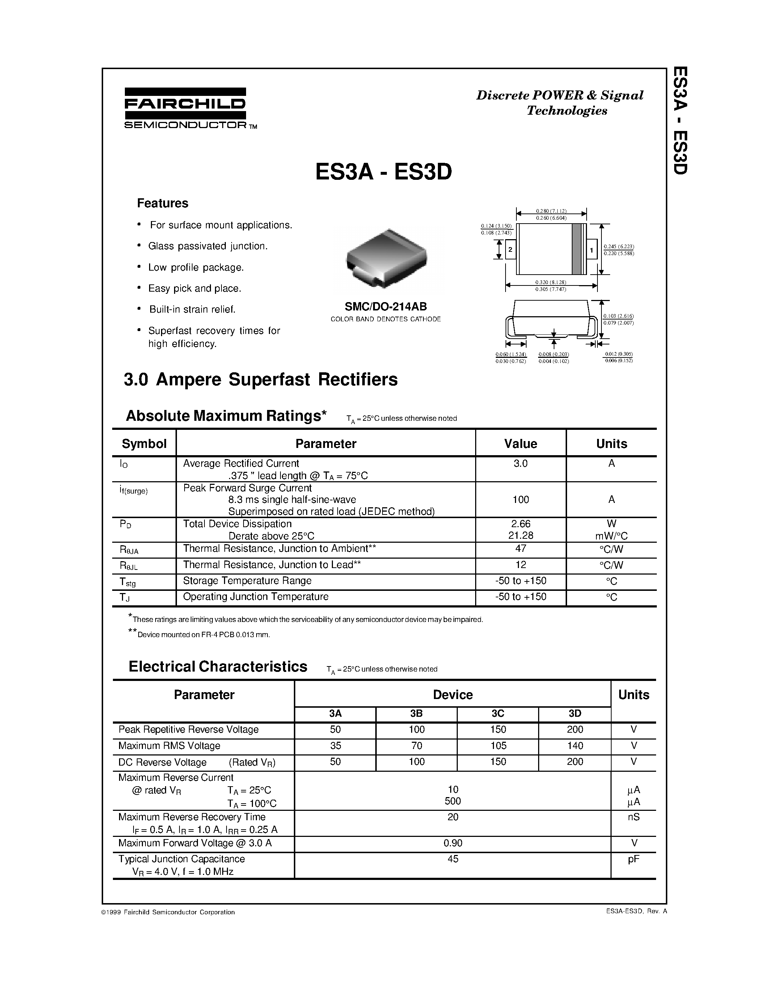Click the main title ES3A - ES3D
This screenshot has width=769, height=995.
click(384, 172)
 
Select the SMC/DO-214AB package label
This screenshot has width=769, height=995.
click(385, 306)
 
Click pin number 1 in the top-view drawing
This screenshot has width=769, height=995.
click(591, 250)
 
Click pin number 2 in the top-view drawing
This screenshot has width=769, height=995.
click(510, 250)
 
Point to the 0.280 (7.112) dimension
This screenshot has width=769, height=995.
click(551, 211)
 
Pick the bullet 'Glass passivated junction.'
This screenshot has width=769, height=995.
click(208, 246)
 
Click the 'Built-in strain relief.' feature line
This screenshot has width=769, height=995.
click(192, 309)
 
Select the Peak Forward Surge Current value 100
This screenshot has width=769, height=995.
click(520, 500)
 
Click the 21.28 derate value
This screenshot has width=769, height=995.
click(520, 536)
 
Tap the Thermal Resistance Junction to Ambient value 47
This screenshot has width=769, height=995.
click(520, 549)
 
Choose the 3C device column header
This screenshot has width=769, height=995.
click(498, 714)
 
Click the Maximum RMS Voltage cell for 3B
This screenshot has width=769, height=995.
click(417, 746)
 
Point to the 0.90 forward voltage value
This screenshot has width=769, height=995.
click(452, 843)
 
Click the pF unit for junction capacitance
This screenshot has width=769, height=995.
click(633, 859)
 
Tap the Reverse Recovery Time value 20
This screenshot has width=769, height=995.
click(452, 817)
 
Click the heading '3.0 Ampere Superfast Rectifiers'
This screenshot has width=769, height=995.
click(261, 380)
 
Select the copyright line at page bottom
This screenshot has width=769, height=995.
click(168, 912)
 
